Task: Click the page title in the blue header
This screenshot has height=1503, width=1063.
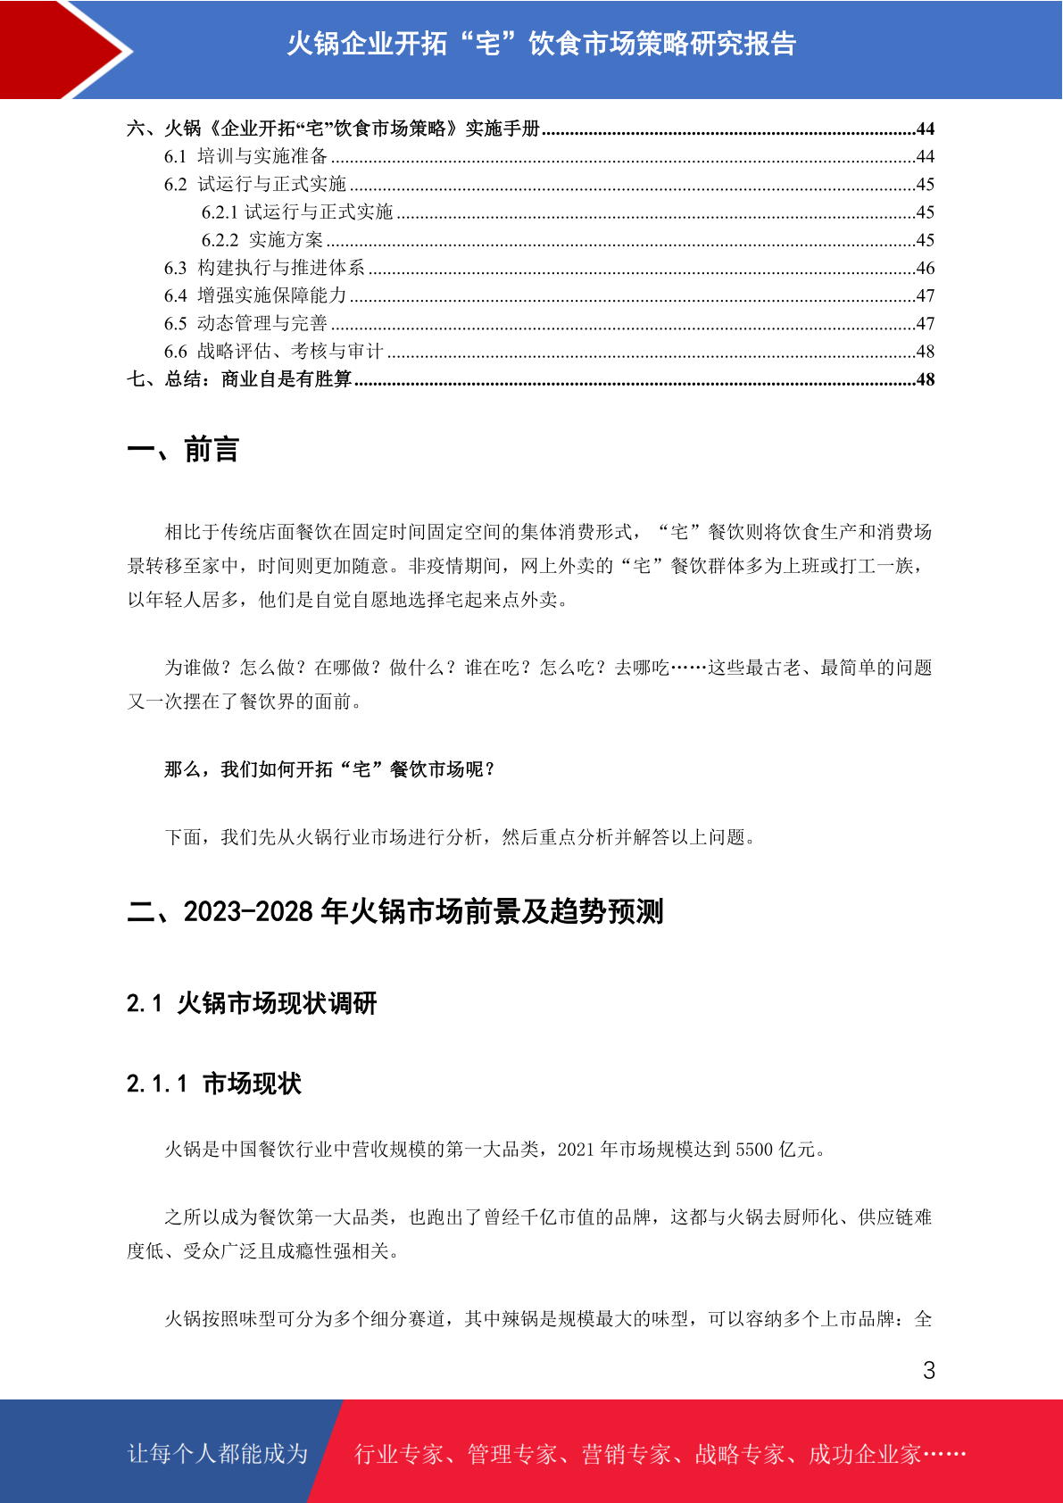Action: click(x=541, y=44)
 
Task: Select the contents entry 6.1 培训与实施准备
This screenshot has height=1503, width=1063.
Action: click(x=245, y=156)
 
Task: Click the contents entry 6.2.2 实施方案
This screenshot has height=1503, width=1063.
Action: click(x=262, y=240)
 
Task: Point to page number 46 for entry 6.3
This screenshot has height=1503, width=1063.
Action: click(x=925, y=268)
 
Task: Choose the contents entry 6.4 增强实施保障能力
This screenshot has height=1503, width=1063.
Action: click(x=255, y=295)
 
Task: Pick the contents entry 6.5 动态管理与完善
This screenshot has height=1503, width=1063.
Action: click(x=245, y=323)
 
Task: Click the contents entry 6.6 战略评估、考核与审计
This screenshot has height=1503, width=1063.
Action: click(x=273, y=352)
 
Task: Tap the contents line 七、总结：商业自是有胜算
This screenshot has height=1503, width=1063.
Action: click(x=239, y=379)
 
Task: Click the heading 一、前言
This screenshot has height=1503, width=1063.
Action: click(x=183, y=450)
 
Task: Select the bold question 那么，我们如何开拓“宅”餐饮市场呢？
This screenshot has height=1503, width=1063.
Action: click(x=329, y=769)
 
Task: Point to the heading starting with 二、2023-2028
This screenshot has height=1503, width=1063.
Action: click(x=395, y=911)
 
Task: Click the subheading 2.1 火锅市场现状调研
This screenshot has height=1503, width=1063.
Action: click(x=252, y=1003)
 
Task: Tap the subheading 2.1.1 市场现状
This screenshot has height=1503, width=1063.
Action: click(x=214, y=1084)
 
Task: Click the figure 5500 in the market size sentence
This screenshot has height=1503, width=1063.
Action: click(x=754, y=1150)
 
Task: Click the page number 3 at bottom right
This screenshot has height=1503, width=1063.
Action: click(x=928, y=1370)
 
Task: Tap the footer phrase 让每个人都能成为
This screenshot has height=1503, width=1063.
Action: click(x=218, y=1454)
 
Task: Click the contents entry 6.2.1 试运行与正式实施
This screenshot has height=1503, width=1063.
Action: click(x=297, y=212)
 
